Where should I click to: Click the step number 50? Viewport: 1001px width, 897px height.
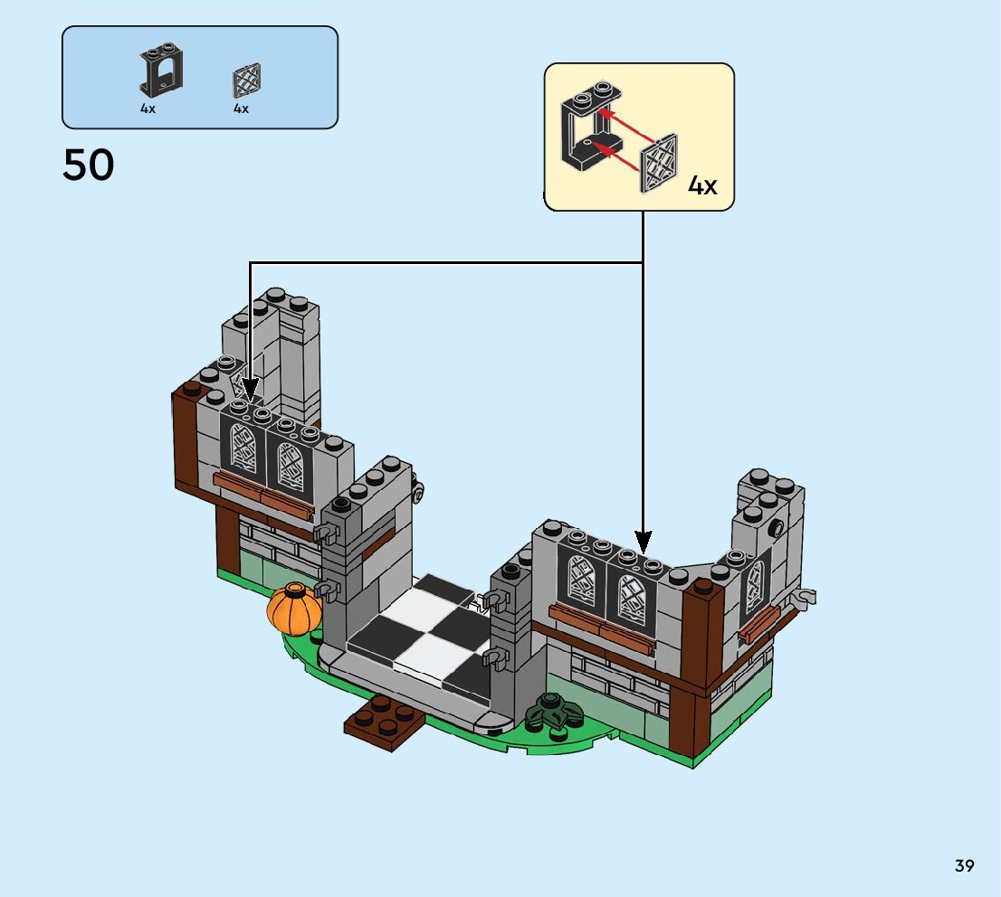coord(89,165)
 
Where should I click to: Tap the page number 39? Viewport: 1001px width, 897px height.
coord(965,865)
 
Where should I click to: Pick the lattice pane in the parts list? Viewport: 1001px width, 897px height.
coord(246,81)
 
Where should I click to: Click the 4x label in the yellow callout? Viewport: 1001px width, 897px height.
coord(702,185)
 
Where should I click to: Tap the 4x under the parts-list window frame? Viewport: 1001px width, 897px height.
coord(148,109)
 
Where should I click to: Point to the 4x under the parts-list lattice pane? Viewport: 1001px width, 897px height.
coord(242,109)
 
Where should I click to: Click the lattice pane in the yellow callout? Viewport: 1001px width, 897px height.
coord(659,164)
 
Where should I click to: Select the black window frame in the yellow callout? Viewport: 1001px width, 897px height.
coord(591,127)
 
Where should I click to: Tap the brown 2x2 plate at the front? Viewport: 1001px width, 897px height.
coord(385,722)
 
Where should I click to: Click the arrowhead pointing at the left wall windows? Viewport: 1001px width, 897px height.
coord(250,388)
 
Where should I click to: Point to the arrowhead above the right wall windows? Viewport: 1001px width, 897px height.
coord(643,542)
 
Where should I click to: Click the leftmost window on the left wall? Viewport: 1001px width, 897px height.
coord(243,448)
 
